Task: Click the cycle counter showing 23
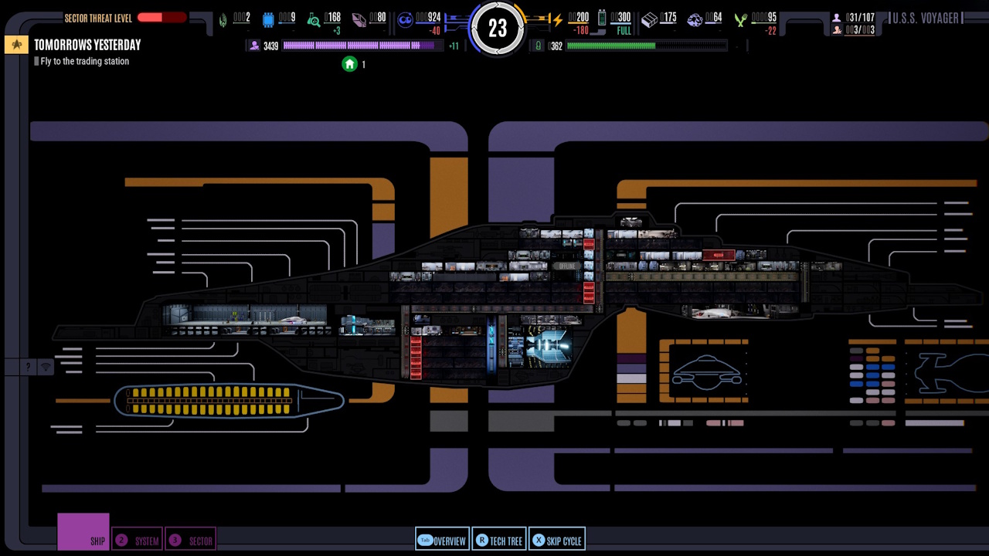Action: [x=498, y=29]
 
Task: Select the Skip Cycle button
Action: [x=556, y=541]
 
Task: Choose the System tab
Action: [x=138, y=541]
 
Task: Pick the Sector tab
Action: [x=191, y=541]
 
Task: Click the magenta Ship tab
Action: [x=83, y=532]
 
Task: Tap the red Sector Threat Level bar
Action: [x=162, y=18]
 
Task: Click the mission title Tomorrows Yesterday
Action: [x=87, y=45]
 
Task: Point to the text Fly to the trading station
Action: [x=84, y=62]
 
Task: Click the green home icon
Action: [x=349, y=64]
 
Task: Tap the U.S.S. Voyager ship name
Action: [x=925, y=18]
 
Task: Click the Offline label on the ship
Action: [x=566, y=266]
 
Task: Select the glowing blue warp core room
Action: [x=548, y=346]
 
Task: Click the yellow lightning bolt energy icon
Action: [x=556, y=20]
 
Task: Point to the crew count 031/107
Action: [x=860, y=18]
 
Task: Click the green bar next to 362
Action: [x=610, y=46]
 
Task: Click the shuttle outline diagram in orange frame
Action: [x=706, y=371]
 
